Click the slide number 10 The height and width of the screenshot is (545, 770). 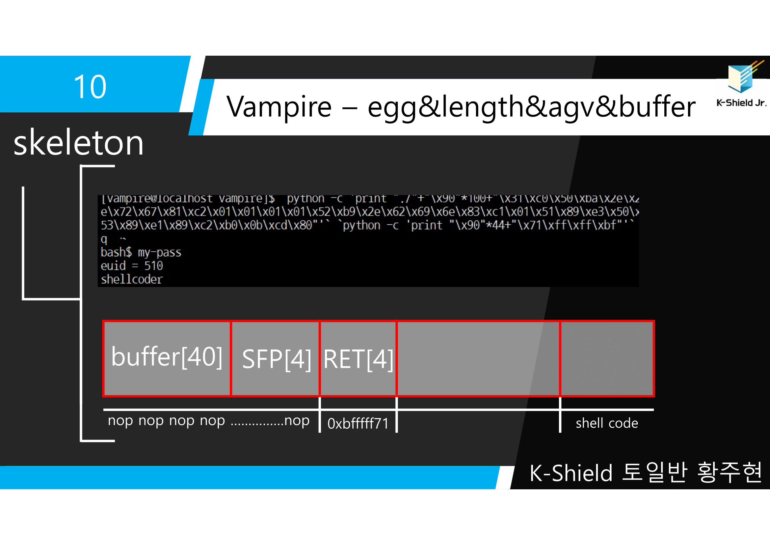tap(90, 87)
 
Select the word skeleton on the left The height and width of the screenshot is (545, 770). tap(78, 143)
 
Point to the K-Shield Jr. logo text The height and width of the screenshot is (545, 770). tap(741, 103)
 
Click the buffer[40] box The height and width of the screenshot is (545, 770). tap(167, 358)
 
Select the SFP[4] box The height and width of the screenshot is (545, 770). tap(276, 359)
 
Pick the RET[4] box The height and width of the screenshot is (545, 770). tap(358, 359)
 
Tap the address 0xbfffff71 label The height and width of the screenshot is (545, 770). tap(358, 423)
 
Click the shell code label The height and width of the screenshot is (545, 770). tap(607, 423)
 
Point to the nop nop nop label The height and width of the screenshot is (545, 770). tap(208, 420)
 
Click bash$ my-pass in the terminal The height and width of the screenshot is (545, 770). tap(141, 252)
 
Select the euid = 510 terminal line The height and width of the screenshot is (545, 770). tap(132, 266)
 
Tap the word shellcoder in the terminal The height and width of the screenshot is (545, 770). tap(132, 279)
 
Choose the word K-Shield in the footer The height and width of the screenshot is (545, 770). tap(571, 473)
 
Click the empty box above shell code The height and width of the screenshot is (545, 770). tap(607, 359)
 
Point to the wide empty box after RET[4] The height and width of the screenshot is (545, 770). tap(478, 359)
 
